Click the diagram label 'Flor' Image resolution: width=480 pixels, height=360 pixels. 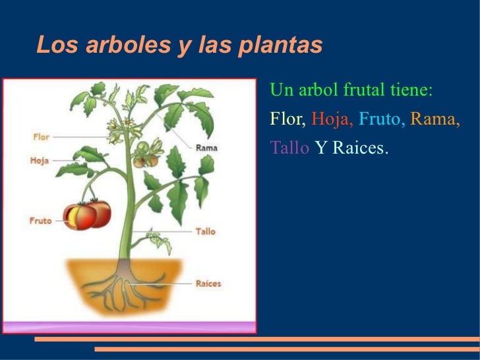pos(42,137)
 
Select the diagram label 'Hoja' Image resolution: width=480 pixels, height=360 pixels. pos(40,160)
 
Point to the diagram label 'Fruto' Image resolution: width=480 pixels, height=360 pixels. pos(40,221)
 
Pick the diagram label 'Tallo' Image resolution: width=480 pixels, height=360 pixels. pos(206,231)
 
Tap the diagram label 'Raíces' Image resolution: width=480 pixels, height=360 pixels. pos(208,284)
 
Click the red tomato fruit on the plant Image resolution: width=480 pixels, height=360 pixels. pos(88,215)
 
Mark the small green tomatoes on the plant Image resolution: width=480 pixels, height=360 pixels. pos(146,157)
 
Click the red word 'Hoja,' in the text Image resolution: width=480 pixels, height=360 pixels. pos(333,119)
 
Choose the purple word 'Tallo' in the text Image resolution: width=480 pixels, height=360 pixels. pos(289,148)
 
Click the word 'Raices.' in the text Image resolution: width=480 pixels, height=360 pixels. pos(361,148)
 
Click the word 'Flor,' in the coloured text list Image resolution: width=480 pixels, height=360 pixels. pos(288,119)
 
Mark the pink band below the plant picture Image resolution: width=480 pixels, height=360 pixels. pos(129,327)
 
